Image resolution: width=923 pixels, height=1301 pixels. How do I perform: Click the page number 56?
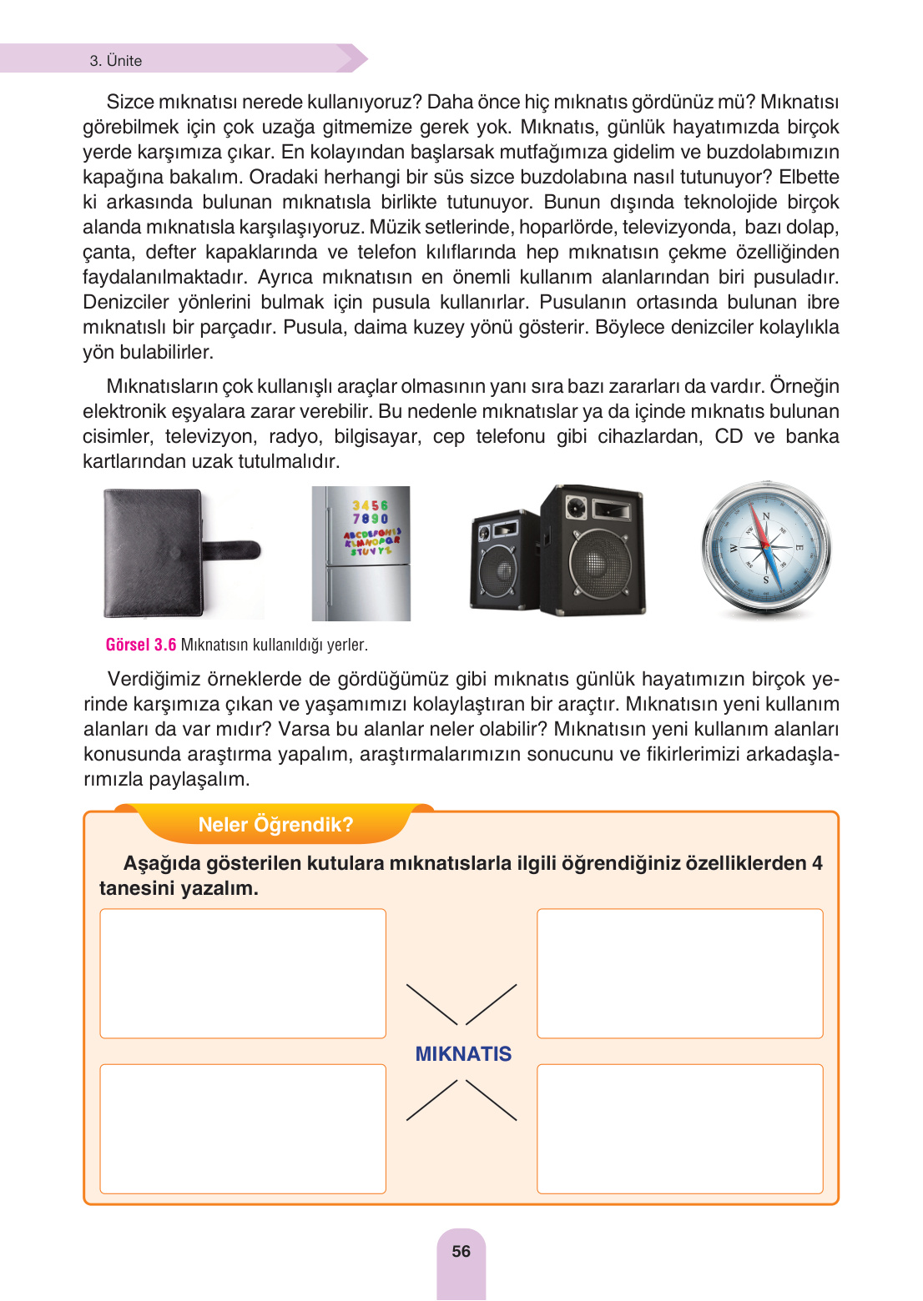tap(461, 1251)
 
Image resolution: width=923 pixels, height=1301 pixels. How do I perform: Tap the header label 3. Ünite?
tap(116, 61)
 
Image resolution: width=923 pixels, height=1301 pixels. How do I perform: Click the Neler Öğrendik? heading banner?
tap(275, 824)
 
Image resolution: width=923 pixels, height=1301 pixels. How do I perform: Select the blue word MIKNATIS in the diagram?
tap(463, 1053)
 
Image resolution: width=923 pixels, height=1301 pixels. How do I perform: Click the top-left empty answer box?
tap(243, 973)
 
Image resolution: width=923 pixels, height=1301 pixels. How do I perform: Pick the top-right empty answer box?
tap(679, 973)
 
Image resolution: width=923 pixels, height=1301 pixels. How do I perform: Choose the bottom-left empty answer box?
tap(243, 1128)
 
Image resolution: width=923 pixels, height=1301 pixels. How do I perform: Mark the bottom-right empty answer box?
tap(679, 1128)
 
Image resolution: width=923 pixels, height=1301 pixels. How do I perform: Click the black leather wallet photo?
tap(159, 552)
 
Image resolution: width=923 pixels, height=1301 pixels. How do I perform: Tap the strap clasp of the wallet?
tap(238, 550)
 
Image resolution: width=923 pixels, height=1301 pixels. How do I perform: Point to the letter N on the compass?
tap(765, 516)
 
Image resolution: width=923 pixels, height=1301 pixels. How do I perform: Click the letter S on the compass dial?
tap(765, 579)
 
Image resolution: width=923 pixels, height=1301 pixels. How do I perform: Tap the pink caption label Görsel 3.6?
tap(141, 645)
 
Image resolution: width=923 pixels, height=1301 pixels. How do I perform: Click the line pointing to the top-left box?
tap(431, 1004)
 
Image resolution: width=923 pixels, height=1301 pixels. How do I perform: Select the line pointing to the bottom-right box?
tap(492, 1100)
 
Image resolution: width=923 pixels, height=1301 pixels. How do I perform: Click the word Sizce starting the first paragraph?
tap(130, 102)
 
